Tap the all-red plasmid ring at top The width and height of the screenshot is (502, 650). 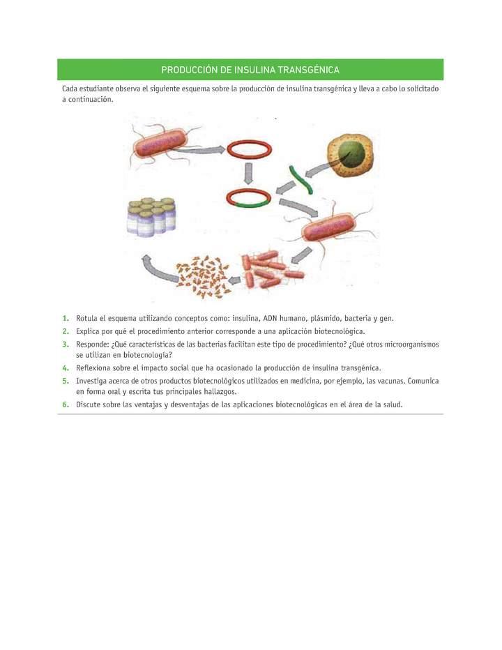click(249, 142)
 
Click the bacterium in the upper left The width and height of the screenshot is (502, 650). click(160, 144)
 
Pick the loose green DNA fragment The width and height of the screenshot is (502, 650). click(301, 179)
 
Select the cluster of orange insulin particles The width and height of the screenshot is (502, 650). click(202, 276)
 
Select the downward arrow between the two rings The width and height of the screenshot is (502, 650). click(248, 173)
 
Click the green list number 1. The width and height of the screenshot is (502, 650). click(66, 318)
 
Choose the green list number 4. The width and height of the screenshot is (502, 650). click(66, 368)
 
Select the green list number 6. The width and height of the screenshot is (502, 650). click(66, 405)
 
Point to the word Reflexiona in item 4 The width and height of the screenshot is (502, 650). click(93, 368)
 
